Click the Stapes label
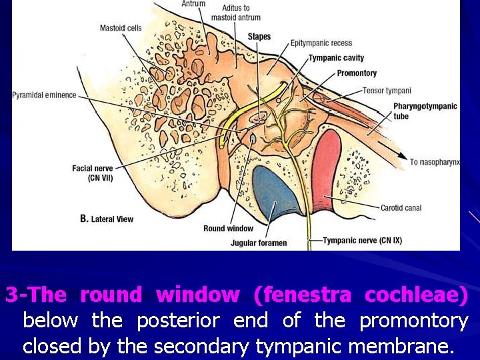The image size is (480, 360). tap(259, 36)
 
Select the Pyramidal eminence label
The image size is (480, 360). tap(44, 95)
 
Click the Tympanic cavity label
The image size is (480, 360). tap(336, 58)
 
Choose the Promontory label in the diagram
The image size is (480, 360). tap(357, 73)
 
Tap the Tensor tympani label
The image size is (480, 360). tap(387, 91)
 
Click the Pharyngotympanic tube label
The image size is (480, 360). tap(425, 111)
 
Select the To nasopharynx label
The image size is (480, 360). tap(435, 162)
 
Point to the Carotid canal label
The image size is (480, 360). tap(401, 208)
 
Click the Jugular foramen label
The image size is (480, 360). tap(259, 243)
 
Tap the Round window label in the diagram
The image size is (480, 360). tap(228, 229)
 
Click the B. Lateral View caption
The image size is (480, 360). tap(107, 219)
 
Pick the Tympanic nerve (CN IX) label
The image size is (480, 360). tap(361, 240)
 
